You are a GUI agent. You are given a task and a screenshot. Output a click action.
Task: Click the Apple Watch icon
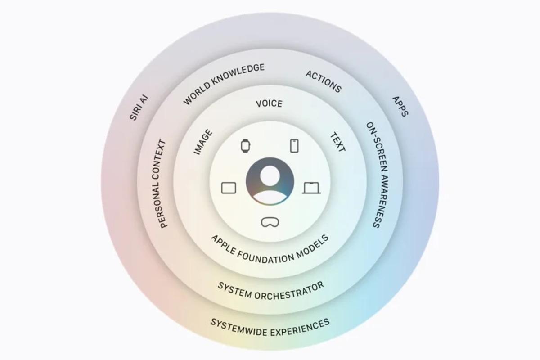tap(245, 146)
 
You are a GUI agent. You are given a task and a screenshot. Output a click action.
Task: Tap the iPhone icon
tap(294, 146)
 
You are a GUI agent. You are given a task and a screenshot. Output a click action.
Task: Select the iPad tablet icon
tap(229, 188)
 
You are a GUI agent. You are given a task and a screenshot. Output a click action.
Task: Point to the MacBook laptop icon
tap(311, 188)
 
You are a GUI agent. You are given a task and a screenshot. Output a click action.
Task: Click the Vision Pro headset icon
tap(270, 222)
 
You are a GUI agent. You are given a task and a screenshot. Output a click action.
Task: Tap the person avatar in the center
tap(270, 181)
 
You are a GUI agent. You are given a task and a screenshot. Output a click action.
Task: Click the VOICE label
tap(269, 103)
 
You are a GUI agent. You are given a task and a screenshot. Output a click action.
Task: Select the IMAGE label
tap(203, 142)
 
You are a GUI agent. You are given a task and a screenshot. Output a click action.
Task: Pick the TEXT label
tap(337, 142)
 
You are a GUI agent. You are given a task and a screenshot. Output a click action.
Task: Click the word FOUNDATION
tap(265, 257)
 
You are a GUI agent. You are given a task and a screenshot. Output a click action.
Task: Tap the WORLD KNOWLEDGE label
tap(224, 84)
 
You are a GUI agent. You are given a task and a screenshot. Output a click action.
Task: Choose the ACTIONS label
tap(324, 82)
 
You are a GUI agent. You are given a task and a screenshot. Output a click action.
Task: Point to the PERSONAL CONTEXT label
tap(160, 184)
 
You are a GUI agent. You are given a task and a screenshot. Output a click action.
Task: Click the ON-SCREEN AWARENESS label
tap(377, 175)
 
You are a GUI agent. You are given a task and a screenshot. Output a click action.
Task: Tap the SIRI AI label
tap(139, 108)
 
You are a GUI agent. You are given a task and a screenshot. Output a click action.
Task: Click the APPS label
tap(400, 106)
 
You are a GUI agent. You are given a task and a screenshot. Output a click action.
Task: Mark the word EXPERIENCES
tap(300, 328)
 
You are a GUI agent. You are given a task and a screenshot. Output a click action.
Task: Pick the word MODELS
tap(312, 246)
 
